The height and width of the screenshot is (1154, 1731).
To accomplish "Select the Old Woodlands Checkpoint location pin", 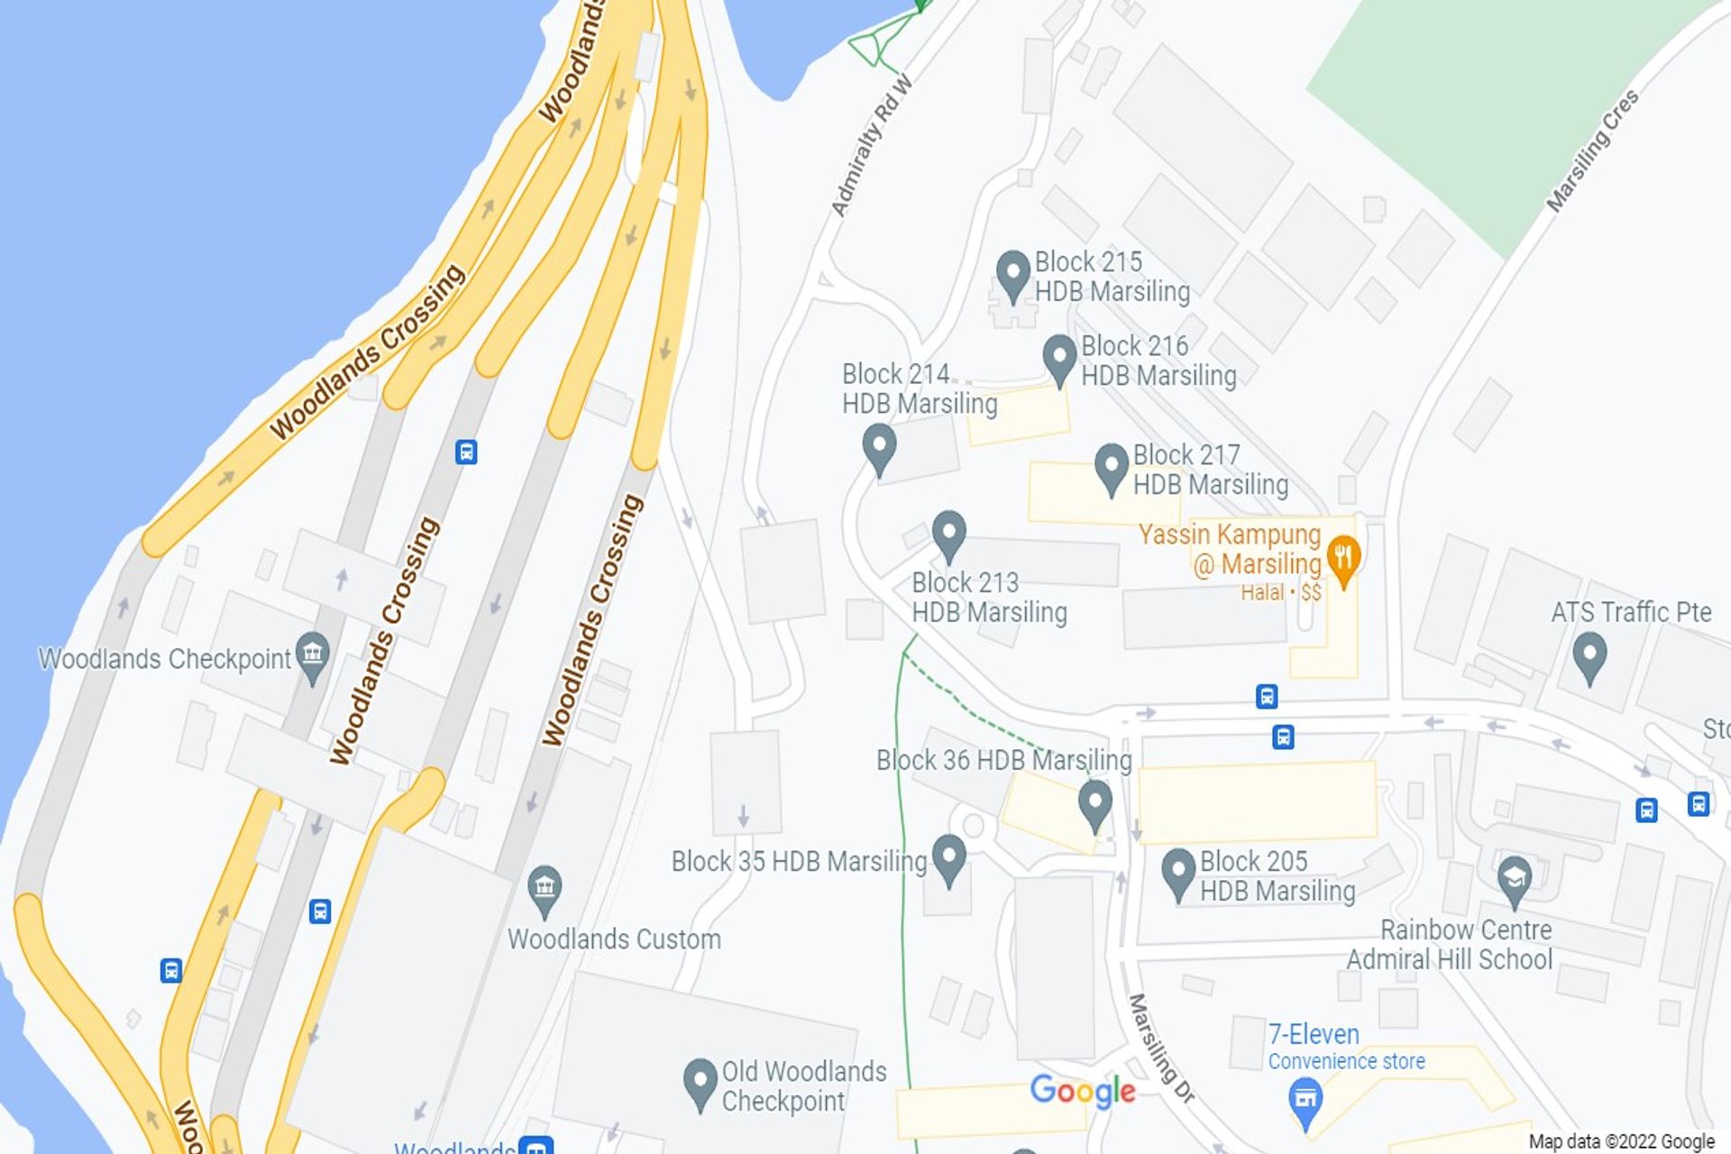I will click(700, 1082).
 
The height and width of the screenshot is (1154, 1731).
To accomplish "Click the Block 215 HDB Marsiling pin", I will click(1012, 274).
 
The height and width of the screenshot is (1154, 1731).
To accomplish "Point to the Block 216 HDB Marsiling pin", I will click(1059, 358).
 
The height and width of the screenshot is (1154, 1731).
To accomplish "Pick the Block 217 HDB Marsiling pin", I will click(1111, 467).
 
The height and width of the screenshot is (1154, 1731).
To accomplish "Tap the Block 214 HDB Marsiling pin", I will click(879, 448).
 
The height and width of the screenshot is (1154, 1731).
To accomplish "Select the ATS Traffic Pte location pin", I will click(1589, 655).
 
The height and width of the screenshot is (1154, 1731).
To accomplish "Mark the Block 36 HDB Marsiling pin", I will click(1094, 803).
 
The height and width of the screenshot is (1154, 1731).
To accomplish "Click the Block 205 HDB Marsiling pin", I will click(1177, 872).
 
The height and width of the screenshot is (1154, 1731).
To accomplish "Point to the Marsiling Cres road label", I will click(1592, 151).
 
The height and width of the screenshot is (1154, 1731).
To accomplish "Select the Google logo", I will click(1082, 1091).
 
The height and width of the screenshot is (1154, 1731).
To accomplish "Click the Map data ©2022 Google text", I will click(1621, 1141).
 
